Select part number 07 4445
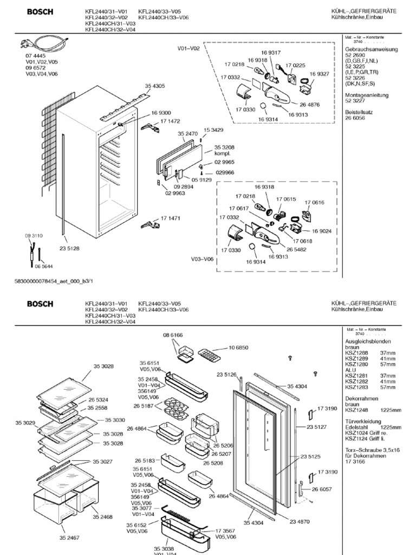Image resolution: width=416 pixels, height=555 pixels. tap(34, 56)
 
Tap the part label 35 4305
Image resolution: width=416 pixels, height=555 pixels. tap(154, 86)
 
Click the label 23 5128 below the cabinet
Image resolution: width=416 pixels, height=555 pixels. tap(69, 249)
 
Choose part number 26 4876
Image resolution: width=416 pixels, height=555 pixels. tap(309, 105)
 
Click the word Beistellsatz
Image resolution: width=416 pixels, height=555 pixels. tap(360, 112)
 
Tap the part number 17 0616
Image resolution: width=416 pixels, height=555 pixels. tap(314, 202)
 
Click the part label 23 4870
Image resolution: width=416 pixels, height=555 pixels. tap(300, 521)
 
